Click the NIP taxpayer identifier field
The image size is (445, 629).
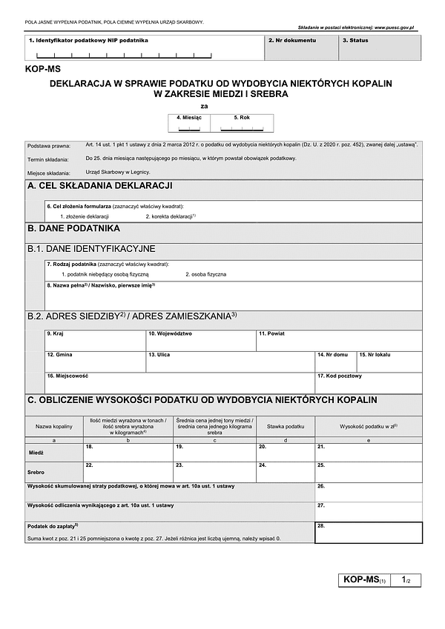coord(144,50)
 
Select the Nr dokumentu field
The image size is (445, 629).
coord(301,49)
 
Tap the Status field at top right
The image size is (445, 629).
coord(380,49)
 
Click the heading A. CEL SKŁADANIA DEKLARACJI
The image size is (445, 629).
coord(100,186)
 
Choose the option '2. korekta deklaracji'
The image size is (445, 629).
coord(171,216)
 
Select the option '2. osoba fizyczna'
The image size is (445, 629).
coord(206,274)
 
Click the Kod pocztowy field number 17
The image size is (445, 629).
coord(369,383)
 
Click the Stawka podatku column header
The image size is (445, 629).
coord(286,427)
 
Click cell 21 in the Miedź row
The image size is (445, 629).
coord(369,453)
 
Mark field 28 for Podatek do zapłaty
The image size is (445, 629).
coord(369,533)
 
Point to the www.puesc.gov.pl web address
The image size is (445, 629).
coord(396,27)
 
